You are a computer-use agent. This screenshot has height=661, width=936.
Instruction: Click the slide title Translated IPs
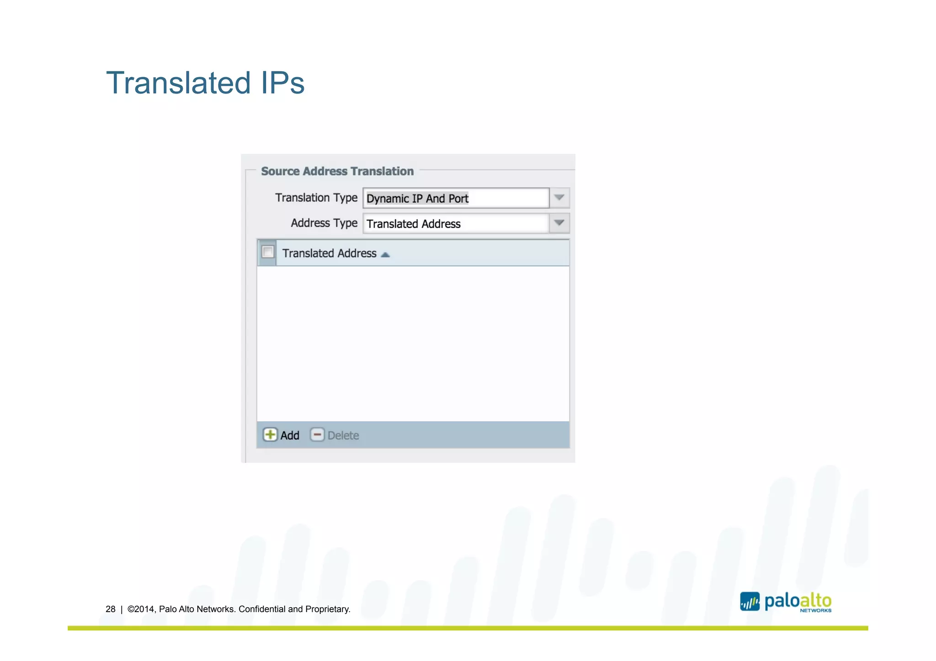[x=205, y=83]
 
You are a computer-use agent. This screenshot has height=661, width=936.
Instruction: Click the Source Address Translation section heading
[x=337, y=171]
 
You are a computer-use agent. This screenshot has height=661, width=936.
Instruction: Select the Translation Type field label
[x=316, y=198]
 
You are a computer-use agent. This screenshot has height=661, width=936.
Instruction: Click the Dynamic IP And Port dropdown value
[x=417, y=199]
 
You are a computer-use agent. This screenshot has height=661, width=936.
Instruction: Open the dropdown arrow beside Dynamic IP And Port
[x=559, y=198]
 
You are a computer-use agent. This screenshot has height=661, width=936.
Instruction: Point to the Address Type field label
[x=324, y=223]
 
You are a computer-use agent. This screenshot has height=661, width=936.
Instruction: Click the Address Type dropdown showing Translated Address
[x=455, y=224]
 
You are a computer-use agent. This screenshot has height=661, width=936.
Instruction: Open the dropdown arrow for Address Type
[x=559, y=223]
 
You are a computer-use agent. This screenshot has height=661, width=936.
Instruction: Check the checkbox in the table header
[x=268, y=252]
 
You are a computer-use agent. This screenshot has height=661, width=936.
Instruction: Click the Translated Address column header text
[x=329, y=254]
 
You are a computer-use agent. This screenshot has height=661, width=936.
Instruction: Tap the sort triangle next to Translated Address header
[x=385, y=255]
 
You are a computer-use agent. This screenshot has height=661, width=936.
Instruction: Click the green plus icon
[x=270, y=435]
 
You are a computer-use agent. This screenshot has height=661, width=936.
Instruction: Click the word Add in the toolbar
[x=290, y=436]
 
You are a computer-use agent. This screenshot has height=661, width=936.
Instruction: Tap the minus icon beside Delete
[x=317, y=435]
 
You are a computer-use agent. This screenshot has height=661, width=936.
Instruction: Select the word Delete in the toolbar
[x=343, y=436]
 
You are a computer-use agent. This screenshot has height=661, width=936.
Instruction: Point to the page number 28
[x=111, y=609]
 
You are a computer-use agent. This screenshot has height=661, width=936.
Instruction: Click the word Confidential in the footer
[x=262, y=609]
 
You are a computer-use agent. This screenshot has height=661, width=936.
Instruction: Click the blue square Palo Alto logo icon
[x=750, y=602]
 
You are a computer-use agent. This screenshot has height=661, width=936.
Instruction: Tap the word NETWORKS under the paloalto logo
[x=815, y=611]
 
